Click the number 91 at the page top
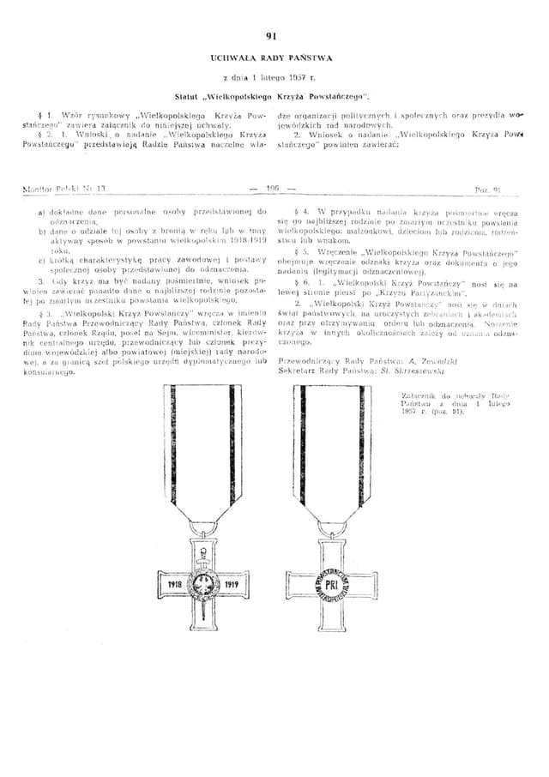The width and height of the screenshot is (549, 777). point(273,35)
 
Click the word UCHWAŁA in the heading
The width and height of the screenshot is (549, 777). point(232,57)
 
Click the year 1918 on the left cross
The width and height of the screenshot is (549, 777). point(178,583)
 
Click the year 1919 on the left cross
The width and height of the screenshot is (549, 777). point(230,583)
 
